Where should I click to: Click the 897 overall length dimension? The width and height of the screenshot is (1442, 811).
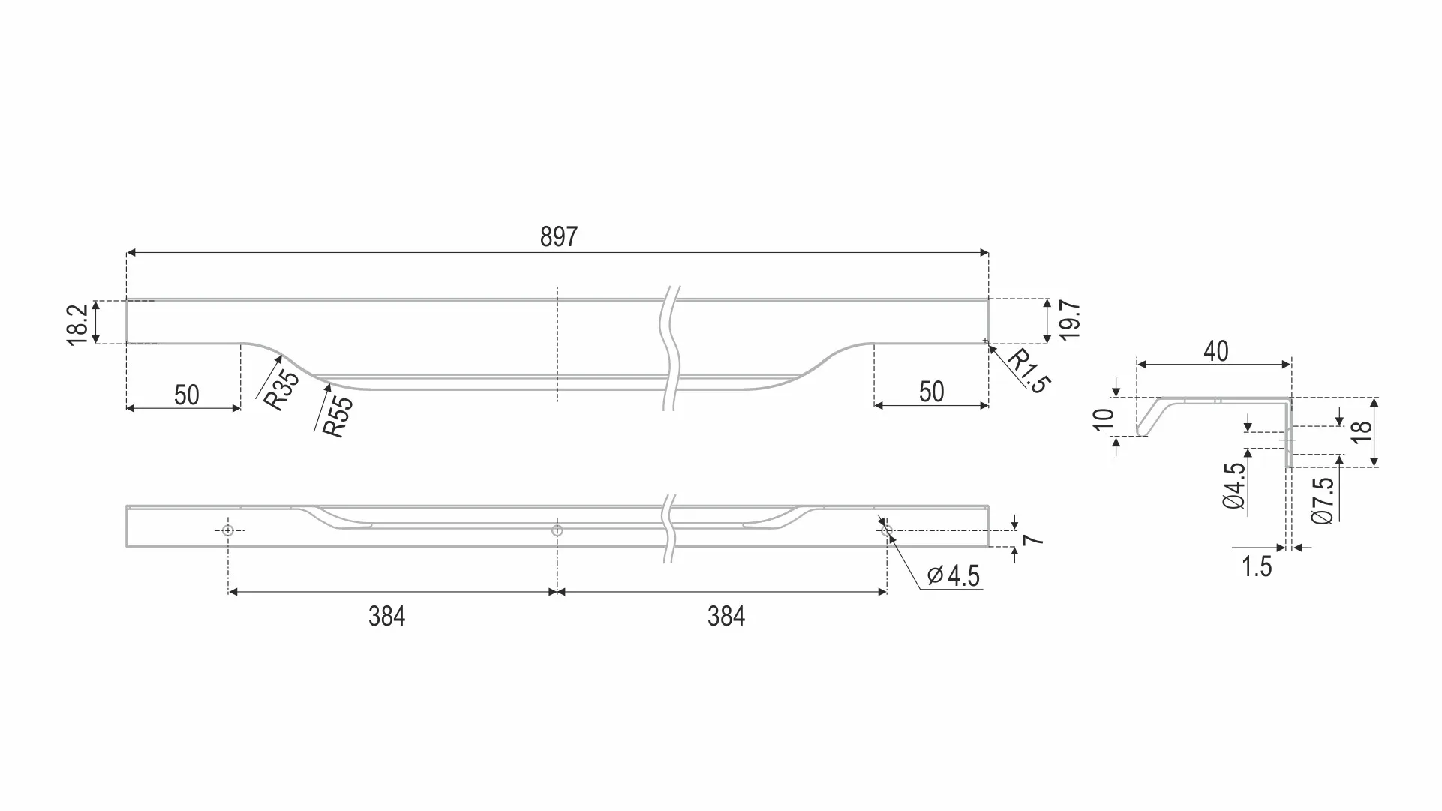pos(559,237)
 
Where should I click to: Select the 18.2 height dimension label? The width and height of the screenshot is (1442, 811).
pos(78,325)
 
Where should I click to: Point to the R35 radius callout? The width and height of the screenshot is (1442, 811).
pos(281,389)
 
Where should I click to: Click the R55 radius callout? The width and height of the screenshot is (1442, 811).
pos(337,416)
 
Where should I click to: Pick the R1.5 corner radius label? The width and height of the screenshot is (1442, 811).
pos(1029,371)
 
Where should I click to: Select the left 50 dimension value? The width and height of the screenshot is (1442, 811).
pos(187,395)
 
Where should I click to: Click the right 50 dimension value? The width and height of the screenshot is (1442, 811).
pos(932,392)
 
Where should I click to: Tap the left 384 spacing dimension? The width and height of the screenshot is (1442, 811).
pos(387,617)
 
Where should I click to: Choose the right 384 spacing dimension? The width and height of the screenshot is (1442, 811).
pos(726,617)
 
